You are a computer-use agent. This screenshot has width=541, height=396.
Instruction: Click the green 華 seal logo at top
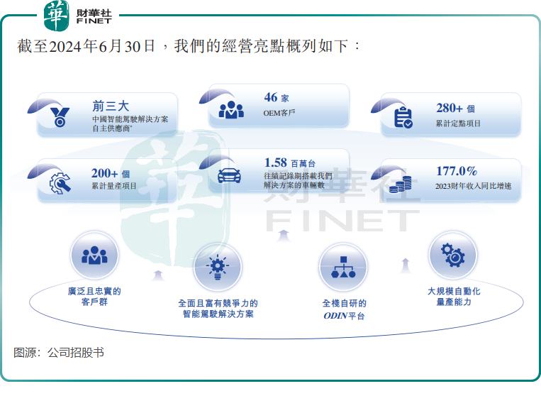point(56,15)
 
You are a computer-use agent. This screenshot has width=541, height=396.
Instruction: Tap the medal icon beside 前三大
point(60,117)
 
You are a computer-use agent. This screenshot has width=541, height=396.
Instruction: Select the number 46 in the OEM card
point(271,97)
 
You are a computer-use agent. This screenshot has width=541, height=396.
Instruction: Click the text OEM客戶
point(279,113)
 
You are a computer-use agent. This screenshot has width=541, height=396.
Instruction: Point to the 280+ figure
point(450,108)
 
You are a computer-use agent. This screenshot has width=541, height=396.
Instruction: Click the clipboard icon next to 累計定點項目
point(403,117)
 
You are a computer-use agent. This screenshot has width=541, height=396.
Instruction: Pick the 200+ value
point(104,173)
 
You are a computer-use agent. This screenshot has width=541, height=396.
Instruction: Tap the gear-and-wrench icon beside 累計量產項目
point(60,182)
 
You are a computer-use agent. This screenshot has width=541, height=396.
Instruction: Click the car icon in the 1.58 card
point(229,175)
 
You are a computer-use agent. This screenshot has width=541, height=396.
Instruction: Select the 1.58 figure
point(275,163)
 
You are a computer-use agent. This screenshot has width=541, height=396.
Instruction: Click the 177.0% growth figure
point(457,171)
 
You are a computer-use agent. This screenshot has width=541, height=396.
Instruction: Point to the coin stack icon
point(401,184)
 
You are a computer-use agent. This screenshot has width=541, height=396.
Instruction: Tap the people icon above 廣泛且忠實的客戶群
point(94,255)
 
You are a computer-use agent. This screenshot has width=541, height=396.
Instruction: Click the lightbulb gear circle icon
point(218,268)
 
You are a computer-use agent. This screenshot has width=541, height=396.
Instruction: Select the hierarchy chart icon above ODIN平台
point(343,267)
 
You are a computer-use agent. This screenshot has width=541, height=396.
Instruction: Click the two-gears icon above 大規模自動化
point(452,255)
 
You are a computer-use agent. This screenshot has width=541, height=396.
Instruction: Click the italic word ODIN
point(335,316)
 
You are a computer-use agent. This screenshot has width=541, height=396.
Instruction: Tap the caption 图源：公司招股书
point(59,353)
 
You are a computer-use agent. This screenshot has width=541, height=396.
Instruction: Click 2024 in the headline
point(67,47)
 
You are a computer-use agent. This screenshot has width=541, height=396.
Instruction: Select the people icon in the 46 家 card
point(231,109)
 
